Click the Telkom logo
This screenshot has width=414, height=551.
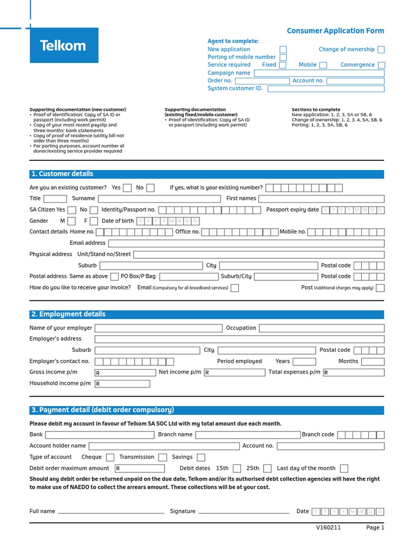tap(64, 46)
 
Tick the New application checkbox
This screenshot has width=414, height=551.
tap(283, 50)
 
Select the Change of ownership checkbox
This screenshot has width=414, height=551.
tap(381, 50)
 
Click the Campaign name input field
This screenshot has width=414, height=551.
tap(319, 73)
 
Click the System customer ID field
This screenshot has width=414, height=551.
tap(326, 89)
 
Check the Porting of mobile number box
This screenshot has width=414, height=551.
tap(283, 58)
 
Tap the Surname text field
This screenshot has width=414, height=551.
tap(159, 199)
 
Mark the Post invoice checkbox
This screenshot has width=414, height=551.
tap(381, 288)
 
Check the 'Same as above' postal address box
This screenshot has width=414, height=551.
tap(114, 277)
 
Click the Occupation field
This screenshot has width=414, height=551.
tap(321, 328)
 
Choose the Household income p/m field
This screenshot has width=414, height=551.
tap(122, 384)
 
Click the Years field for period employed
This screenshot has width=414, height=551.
tap(304, 362)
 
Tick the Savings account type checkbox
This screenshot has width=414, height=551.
tap(201, 457)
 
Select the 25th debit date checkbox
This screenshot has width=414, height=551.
tap(267, 469)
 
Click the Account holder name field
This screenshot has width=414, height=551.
tap(164, 446)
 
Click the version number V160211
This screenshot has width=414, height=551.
tap(328, 528)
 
